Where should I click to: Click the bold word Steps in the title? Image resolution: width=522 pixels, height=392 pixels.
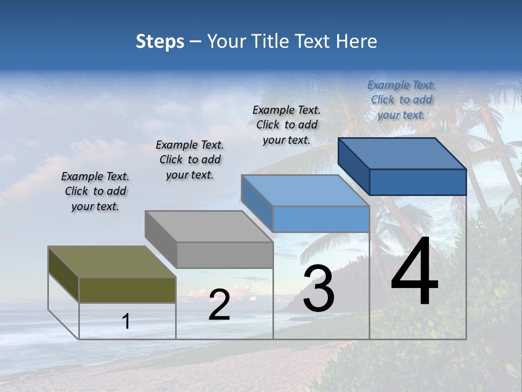160,41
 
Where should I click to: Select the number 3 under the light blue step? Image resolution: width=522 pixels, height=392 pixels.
318,289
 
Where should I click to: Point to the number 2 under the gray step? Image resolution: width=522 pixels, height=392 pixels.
219,305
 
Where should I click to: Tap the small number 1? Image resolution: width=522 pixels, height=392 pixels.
126,321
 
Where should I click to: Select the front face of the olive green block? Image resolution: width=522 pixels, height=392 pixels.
127,290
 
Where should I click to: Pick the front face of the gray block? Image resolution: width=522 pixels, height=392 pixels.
225,255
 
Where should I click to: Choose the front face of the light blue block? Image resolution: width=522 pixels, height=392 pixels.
321,219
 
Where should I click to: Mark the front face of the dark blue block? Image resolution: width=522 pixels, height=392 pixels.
418,182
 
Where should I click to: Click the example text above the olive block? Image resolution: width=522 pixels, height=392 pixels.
95,192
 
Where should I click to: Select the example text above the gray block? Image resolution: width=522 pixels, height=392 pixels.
190,160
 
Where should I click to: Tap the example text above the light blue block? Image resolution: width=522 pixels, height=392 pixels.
287,125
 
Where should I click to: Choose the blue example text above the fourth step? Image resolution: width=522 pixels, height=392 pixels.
401,100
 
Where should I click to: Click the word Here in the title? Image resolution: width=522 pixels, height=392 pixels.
357,41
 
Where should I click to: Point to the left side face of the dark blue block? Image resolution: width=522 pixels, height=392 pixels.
353,166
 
